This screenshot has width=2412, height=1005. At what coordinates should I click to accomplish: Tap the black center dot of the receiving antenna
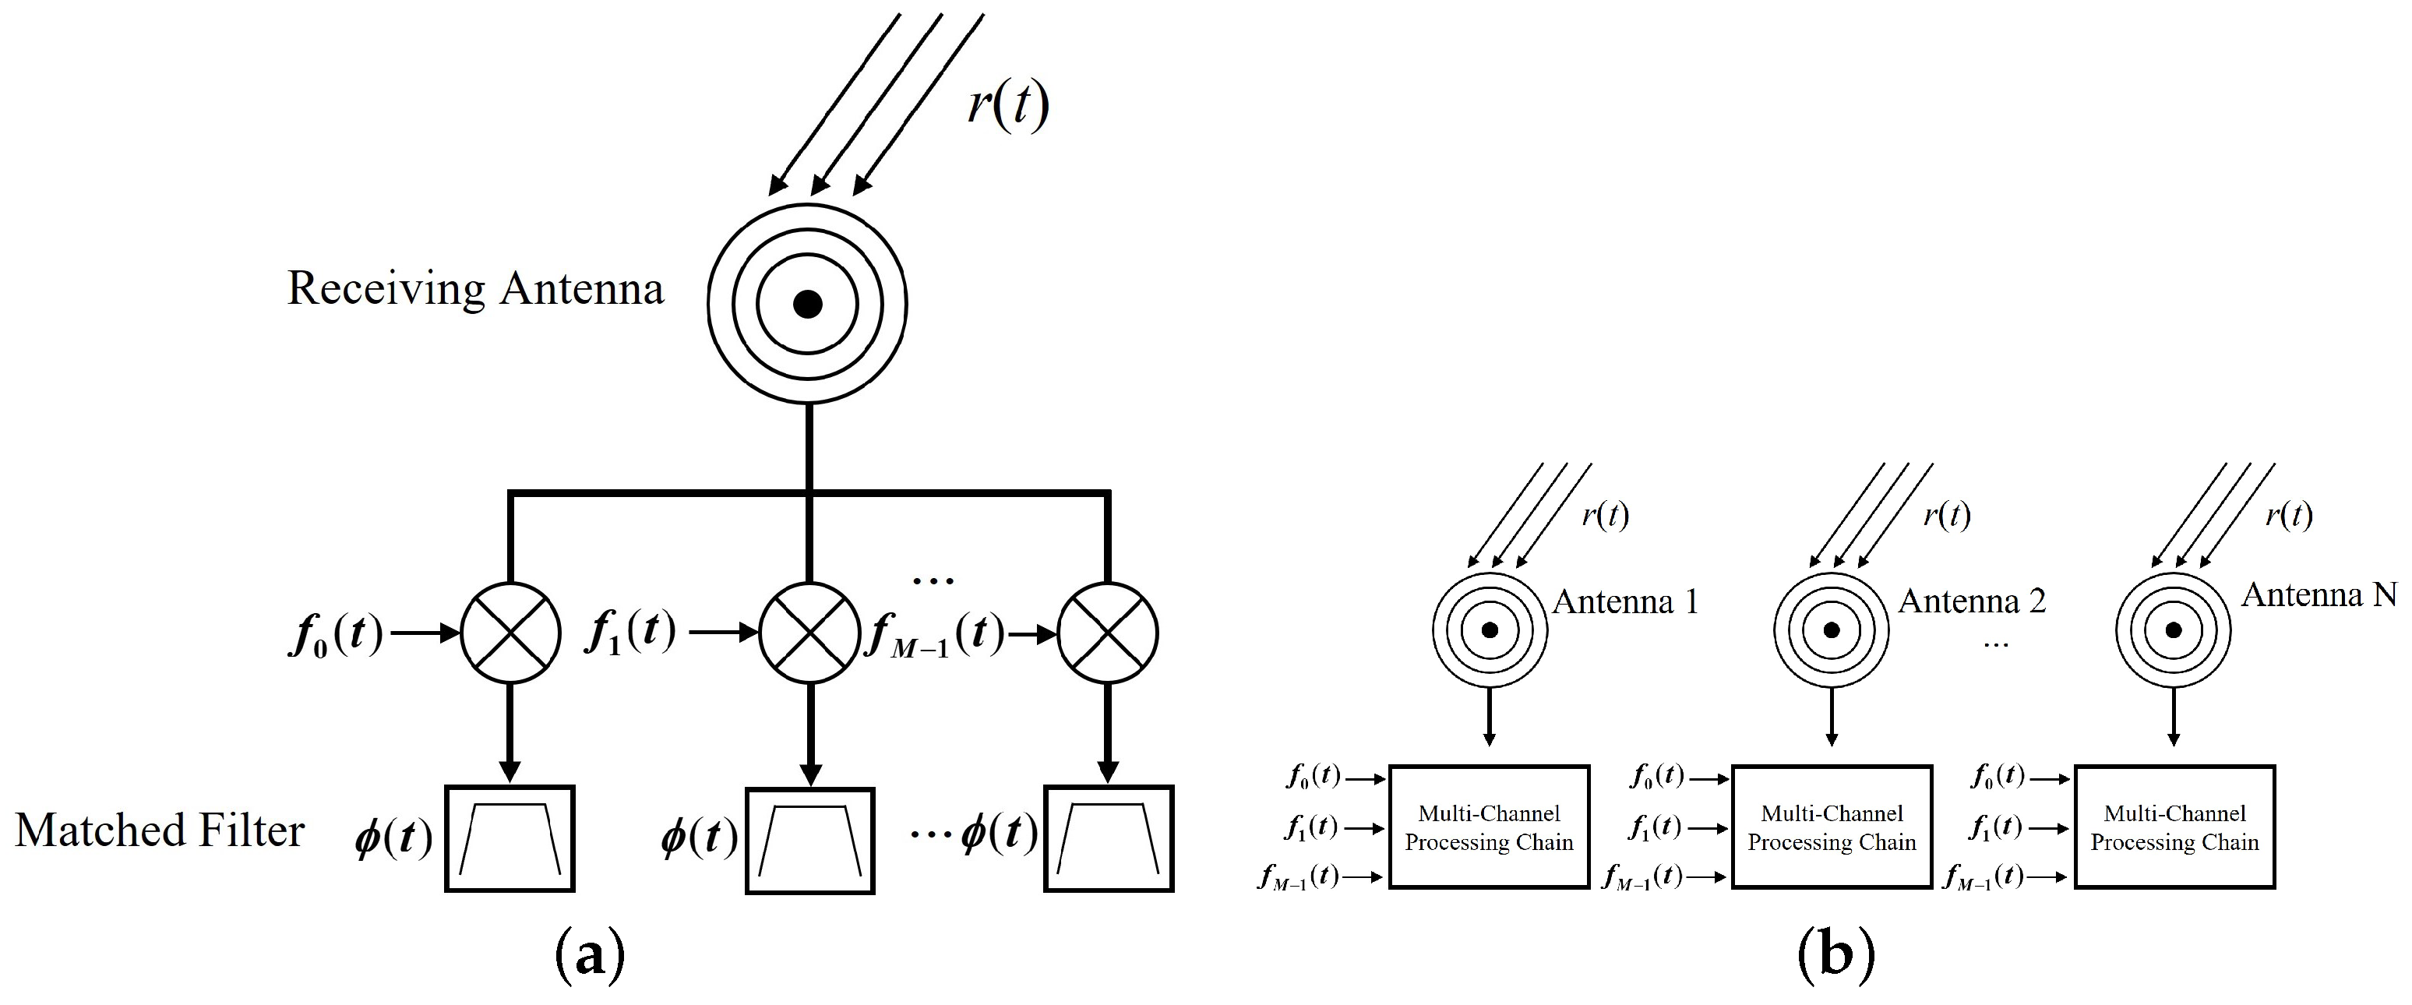(807, 305)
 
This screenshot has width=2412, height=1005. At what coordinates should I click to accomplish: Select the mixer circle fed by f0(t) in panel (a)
(510, 633)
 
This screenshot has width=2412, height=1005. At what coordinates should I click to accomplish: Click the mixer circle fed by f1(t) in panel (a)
(809, 633)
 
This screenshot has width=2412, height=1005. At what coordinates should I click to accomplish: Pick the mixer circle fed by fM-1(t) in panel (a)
(1108, 633)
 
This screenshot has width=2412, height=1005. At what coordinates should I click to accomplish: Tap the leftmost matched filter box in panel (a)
(510, 838)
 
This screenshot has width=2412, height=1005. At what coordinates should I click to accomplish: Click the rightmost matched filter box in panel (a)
(1109, 838)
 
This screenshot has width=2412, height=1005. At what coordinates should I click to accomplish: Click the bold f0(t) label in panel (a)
(336, 635)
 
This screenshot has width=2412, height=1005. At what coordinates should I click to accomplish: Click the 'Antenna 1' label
(1624, 601)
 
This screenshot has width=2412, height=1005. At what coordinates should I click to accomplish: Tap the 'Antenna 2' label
(1972, 601)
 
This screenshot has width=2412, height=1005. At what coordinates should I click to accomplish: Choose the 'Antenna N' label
(2319, 594)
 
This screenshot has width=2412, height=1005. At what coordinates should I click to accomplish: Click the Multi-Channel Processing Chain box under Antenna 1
(1489, 827)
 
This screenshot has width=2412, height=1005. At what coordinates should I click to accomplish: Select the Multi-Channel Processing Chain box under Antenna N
(2174, 827)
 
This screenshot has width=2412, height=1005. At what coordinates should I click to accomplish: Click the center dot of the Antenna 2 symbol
(1832, 629)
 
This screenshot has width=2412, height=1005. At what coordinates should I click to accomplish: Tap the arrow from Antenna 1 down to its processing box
(1490, 717)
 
